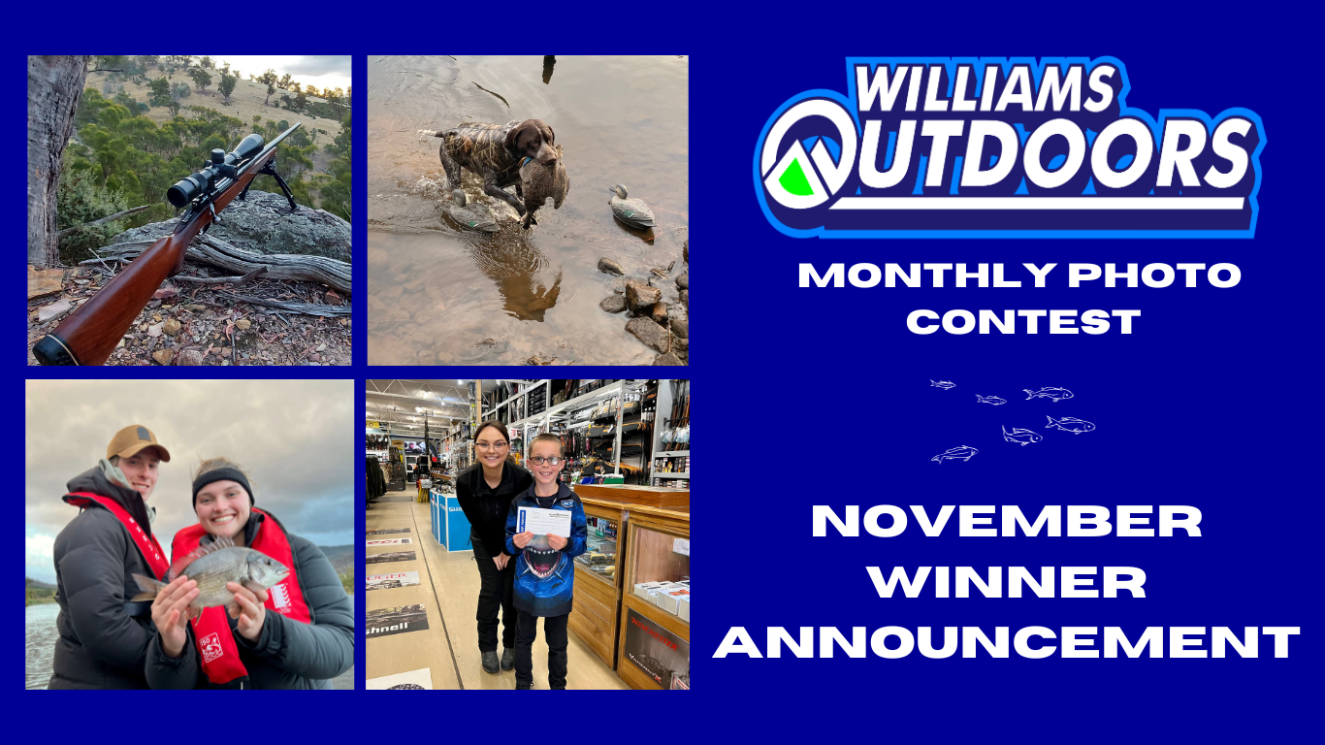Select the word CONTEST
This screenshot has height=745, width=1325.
pyautogui.click(x=1022, y=322)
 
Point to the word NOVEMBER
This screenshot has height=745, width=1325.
pyautogui.click(x=1007, y=523)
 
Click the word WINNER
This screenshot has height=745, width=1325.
pyautogui.click(x=1007, y=583)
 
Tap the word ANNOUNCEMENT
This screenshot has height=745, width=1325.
pyautogui.click(x=1007, y=643)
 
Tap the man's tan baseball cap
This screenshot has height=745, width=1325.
pyautogui.click(x=137, y=442)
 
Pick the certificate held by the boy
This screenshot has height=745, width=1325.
pyautogui.click(x=543, y=521)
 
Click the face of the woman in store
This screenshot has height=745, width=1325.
pyautogui.click(x=493, y=447)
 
